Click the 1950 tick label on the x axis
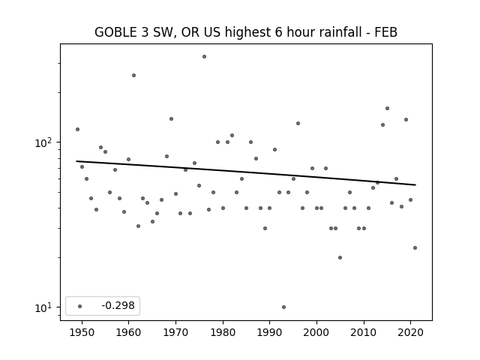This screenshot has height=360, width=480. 82,332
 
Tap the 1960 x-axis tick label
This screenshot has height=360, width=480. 128,332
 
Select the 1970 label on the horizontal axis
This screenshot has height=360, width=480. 175,332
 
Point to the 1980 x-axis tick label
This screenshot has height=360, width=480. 223,332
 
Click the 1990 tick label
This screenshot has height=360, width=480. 270,332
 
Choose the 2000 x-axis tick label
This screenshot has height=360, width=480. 316,332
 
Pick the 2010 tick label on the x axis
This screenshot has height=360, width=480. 364,332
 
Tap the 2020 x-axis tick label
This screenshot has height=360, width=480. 411,332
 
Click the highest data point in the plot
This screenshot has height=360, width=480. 204,57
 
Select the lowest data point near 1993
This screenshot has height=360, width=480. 283,307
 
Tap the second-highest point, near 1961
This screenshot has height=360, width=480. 133,75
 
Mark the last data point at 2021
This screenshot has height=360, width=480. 415,248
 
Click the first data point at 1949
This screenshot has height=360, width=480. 77,130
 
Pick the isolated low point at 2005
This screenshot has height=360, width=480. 340,258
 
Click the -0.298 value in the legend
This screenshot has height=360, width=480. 118,305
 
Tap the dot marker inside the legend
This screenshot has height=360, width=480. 80,306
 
